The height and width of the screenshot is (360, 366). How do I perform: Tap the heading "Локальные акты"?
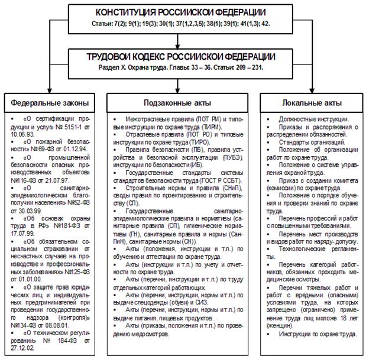point(311,101)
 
